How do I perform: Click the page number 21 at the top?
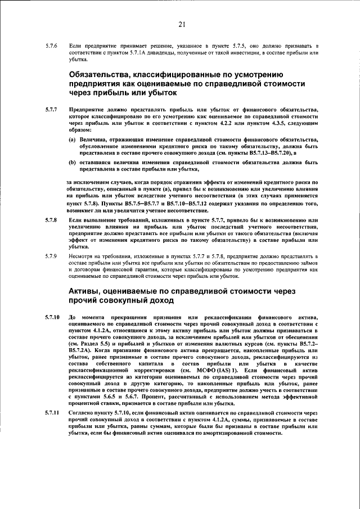click(x=181, y=24)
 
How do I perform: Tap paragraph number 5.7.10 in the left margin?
click(x=53, y=318)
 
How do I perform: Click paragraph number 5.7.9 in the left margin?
click(x=52, y=255)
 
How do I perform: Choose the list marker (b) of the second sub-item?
click(x=73, y=162)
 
